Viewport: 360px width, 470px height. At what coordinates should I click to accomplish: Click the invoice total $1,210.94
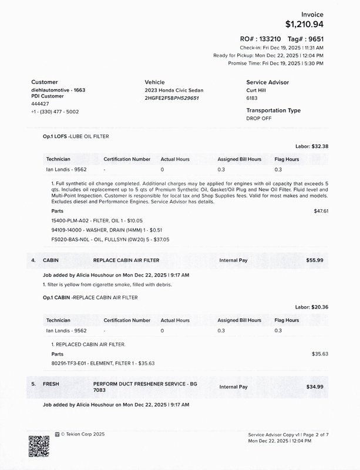304,25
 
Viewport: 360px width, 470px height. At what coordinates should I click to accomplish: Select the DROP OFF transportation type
259,118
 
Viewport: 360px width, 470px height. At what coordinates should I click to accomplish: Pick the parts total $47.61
321,210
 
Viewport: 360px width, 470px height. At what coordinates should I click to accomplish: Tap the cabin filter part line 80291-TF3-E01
103,364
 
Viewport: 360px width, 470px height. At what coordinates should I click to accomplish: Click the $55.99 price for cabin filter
315,260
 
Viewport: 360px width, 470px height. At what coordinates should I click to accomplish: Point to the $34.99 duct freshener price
315,387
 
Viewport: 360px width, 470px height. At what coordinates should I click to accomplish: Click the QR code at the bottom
39,446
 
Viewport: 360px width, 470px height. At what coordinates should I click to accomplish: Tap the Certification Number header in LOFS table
127,159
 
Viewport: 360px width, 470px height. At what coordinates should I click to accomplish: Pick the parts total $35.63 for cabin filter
321,354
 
